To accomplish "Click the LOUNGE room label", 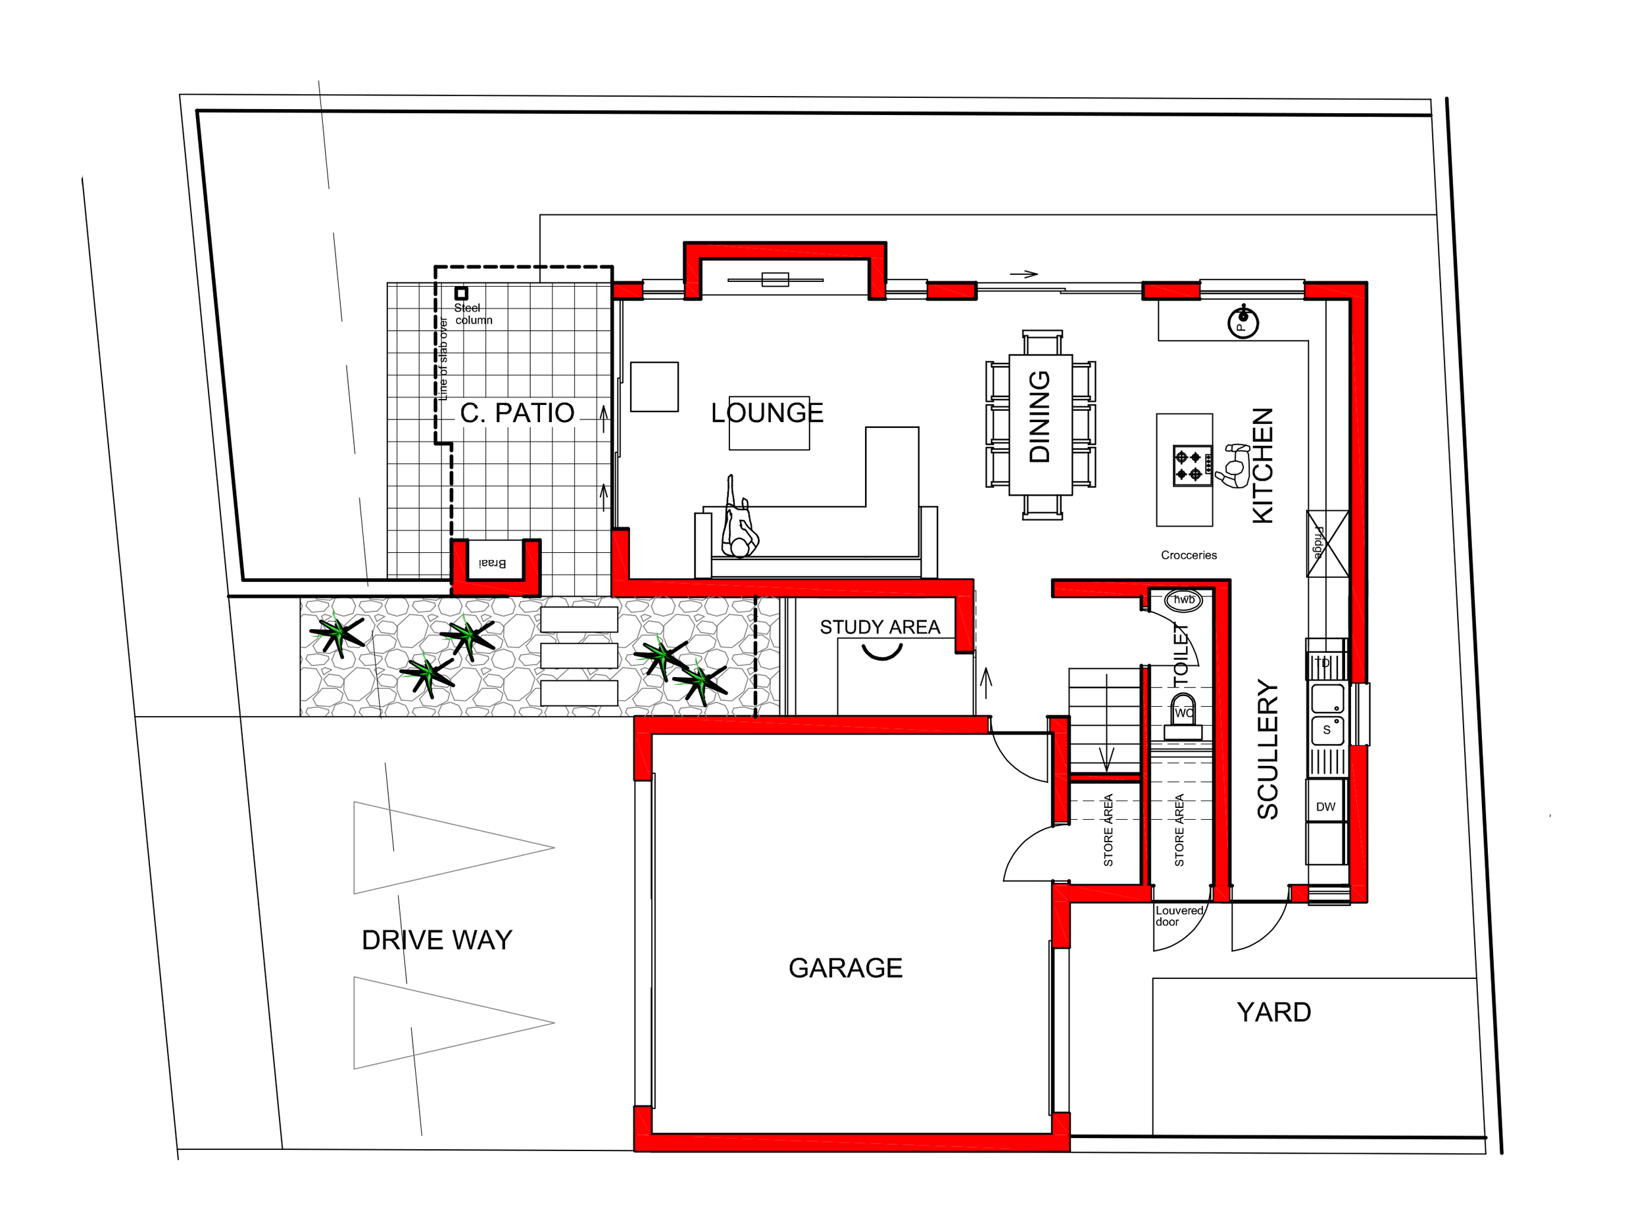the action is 767,413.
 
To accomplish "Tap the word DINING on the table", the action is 1039,416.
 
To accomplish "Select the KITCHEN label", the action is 1263,465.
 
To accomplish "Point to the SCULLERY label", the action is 1268,749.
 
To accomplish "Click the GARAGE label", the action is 846,968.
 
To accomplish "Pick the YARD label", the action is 1274,1012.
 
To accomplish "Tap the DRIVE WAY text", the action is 437,940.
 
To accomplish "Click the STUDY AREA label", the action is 880,627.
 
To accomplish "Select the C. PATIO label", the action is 518,413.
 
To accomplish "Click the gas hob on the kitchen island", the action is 1188,466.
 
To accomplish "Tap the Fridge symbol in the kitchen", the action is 1327,543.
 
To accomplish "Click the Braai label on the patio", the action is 493,563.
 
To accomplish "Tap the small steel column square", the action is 461,293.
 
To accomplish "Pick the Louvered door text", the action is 1179,916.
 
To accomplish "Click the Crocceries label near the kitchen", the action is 1189,556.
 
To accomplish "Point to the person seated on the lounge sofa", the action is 739,518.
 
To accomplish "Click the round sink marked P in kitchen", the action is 1243,322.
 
